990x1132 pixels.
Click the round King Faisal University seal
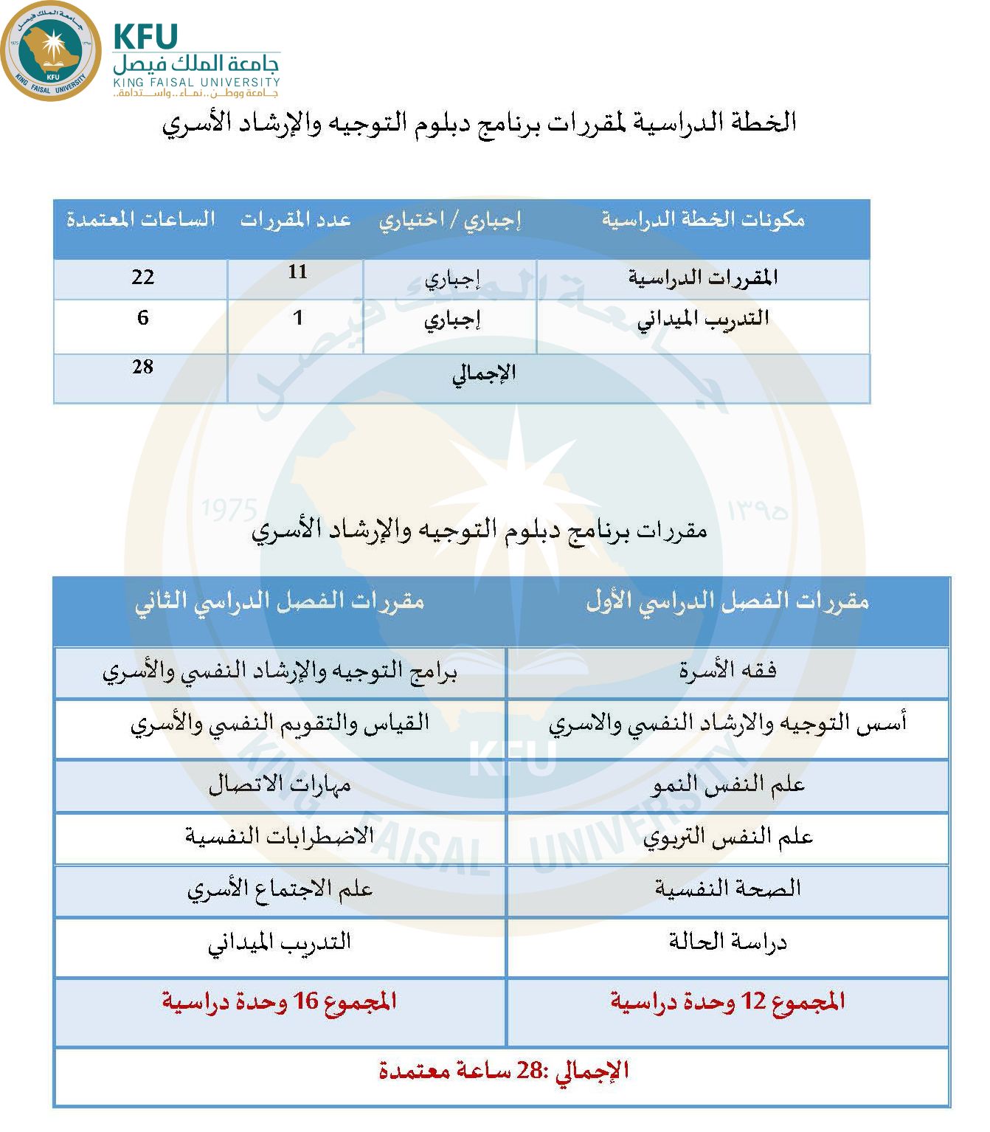pos(51,51)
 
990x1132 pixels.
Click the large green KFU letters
pos(146,37)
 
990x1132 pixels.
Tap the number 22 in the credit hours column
pos(142,277)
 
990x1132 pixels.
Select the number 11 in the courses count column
pos(297,272)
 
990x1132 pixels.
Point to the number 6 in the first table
pos(142,318)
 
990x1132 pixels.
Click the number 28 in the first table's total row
pos(142,367)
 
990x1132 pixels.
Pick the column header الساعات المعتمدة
pos(140,219)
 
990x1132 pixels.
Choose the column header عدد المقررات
pos(295,220)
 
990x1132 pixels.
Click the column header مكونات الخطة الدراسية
pos(702,219)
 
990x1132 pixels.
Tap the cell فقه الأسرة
pos(727,670)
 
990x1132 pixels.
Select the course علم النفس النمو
pos(727,784)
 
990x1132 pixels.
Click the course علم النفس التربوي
pos(727,837)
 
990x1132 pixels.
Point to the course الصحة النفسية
pos(727,888)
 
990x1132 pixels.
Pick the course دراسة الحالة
pos(727,942)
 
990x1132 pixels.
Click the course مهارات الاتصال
pos(280,784)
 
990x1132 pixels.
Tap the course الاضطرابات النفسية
pos(280,837)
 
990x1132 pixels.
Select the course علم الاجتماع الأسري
pos(280,889)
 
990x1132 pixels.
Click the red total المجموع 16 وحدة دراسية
pos(280,1001)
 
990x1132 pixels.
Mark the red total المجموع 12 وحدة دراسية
pos(727,1001)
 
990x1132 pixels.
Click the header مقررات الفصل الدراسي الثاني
pos(280,601)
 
